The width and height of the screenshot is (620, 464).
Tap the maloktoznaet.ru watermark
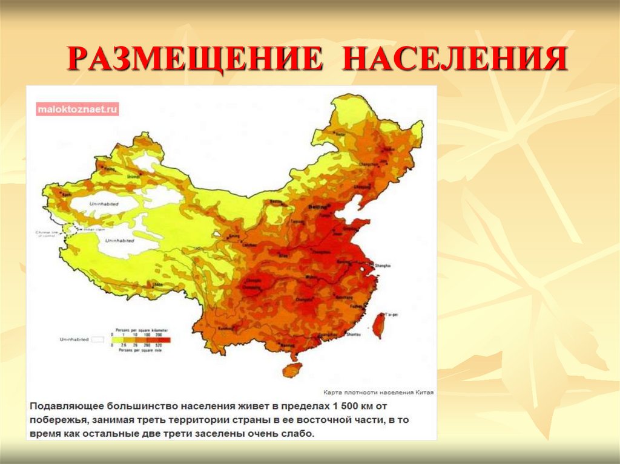77,109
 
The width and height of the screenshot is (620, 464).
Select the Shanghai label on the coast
383,266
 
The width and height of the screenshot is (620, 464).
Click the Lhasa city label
158,283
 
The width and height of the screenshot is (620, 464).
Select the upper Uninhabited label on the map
100,203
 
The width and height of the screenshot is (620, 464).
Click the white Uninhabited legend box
98,340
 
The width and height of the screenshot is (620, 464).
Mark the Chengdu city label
250,281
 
